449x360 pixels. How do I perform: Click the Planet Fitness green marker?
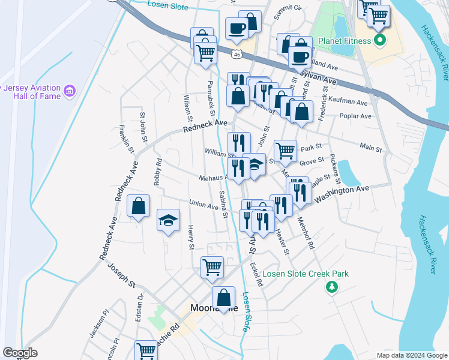(379, 41)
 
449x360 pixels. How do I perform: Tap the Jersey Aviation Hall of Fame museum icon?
(71, 91)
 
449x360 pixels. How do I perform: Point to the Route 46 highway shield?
(238, 55)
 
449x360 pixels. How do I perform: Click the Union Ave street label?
(203, 205)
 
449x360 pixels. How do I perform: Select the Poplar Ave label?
(355, 116)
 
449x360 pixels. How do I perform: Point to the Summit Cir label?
(288, 12)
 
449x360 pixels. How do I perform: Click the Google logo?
(20, 353)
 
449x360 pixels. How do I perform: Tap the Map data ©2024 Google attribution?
(412, 355)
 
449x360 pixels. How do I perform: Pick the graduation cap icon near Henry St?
(168, 220)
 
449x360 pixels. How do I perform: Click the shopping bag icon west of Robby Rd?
(139, 206)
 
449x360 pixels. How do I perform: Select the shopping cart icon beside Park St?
(285, 151)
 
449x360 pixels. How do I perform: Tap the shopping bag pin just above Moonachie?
(223, 297)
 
